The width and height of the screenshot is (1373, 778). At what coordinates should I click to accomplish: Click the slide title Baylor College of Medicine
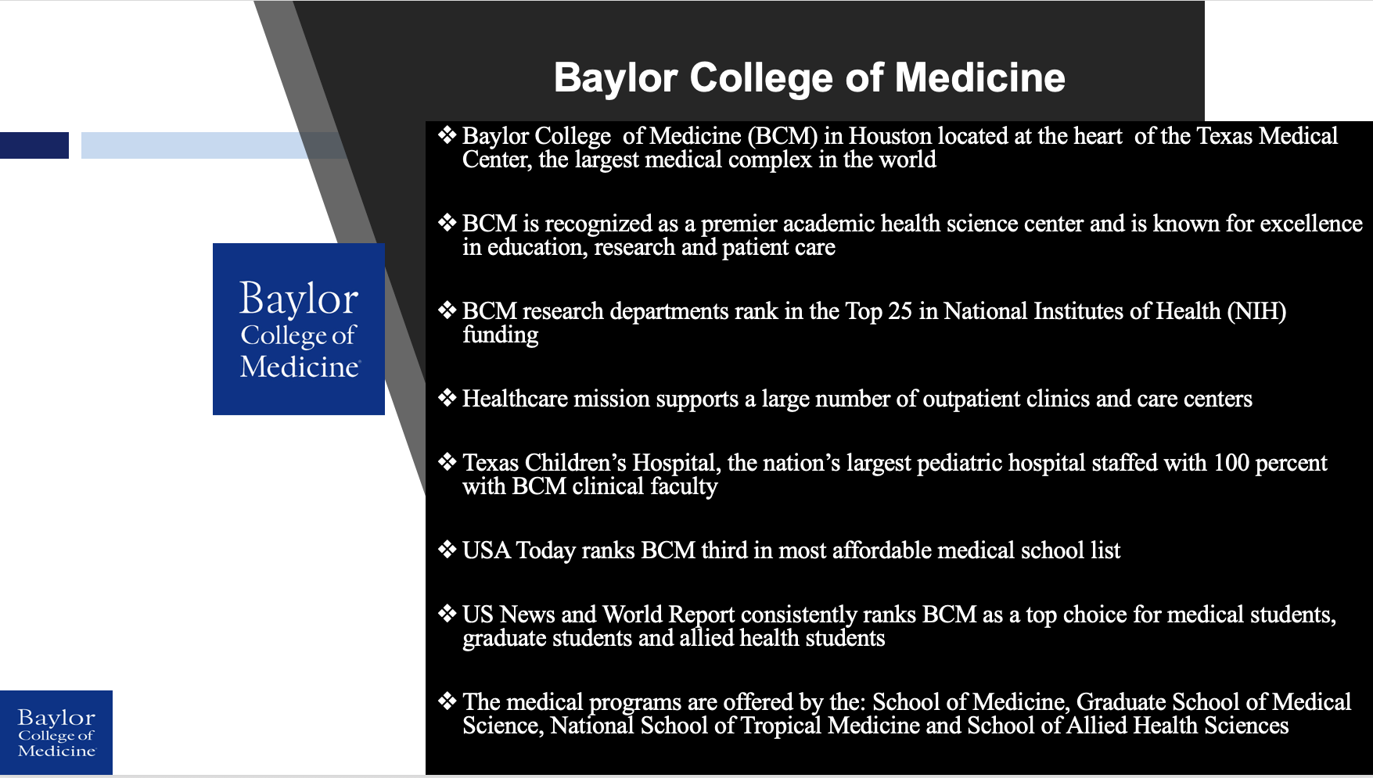click(x=810, y=78)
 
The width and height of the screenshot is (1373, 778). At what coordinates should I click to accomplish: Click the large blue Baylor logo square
click(x=299, y=329)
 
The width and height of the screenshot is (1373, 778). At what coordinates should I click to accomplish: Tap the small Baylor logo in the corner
click(x=56, y=733)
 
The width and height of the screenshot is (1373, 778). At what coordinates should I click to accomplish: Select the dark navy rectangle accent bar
click(x=34, y=145)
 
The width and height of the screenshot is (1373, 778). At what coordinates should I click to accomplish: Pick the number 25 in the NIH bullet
click(x=900, y=311)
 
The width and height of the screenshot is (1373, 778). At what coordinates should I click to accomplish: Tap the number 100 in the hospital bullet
click(x=1231, y=463)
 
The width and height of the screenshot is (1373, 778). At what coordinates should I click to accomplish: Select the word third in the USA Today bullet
click(x=724, y=550)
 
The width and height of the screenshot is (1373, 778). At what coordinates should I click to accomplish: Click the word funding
click(x=501, y=335)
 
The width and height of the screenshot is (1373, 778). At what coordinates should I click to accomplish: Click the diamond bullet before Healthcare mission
click(x=447, y=398)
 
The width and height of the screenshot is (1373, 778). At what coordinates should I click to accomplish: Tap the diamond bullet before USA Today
click(x=447, y=550)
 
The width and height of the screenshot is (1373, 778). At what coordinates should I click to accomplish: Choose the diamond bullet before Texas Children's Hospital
click(x=447, y=462)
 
